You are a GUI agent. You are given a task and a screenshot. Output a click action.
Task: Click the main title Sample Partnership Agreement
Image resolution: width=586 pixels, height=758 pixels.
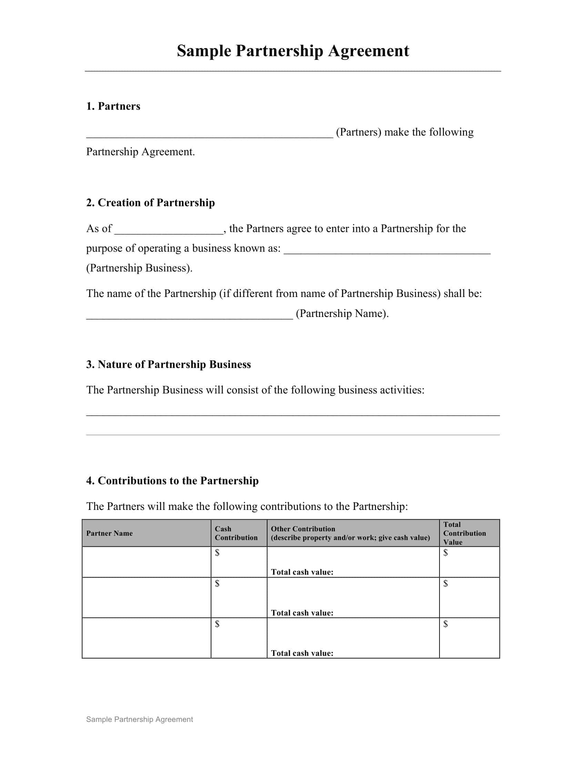[293, 51]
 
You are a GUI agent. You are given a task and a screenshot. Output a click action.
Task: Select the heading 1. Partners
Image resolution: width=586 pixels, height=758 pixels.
[113, 106]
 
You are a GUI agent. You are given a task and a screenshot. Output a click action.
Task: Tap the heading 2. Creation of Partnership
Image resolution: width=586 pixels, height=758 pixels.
[150, 203]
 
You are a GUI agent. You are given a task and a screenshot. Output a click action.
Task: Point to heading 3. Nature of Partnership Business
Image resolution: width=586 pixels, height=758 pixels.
[168, 365]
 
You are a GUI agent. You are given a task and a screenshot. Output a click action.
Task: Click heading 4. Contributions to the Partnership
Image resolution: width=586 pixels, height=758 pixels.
[172, 481]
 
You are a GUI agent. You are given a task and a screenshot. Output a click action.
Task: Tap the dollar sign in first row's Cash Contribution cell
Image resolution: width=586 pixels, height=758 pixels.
[217, 553]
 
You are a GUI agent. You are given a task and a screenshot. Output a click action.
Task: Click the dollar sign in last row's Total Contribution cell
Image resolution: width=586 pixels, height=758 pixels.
[445, 624]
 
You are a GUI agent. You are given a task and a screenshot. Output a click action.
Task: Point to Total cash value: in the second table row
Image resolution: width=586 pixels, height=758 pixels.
[302, 613]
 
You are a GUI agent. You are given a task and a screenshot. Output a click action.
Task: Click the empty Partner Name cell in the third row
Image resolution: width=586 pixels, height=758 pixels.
[146, 638]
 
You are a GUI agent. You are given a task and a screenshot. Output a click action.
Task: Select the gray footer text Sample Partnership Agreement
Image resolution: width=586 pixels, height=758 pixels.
[139, 719]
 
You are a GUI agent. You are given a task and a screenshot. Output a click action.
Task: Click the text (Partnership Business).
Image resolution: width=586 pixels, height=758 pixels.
[139, 268]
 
